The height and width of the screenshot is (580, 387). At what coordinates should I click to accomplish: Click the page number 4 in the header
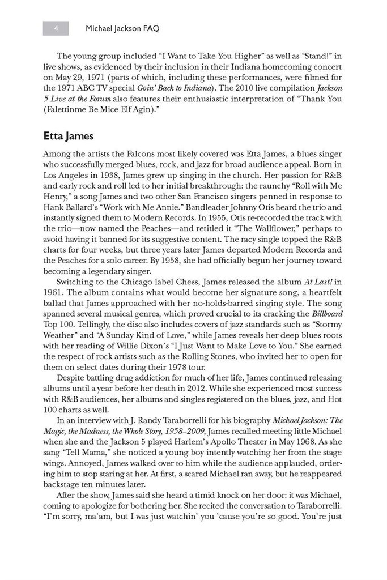56,27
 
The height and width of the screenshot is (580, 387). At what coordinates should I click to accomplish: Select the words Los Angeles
67,175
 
